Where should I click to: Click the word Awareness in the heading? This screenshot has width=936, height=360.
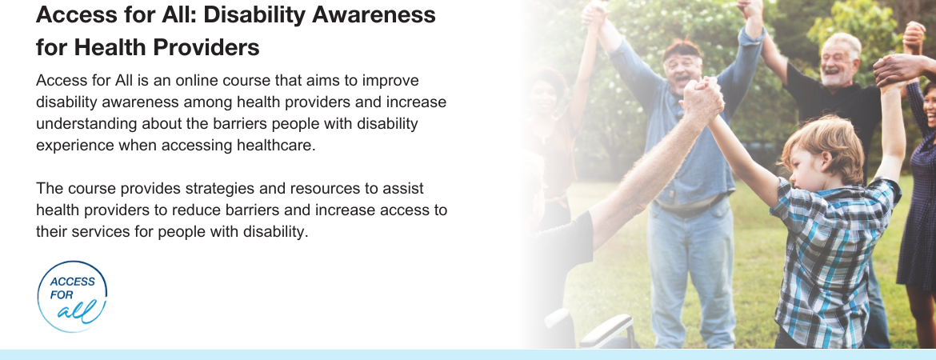point(374,14)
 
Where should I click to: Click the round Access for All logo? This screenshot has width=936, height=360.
point(72,296)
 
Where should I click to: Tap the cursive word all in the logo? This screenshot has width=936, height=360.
point(77,311)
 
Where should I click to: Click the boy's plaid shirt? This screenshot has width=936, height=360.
point(830,262)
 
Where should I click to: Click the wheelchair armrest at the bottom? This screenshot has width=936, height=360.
point(605,330)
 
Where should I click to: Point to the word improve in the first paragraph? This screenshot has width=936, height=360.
point(390,81)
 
